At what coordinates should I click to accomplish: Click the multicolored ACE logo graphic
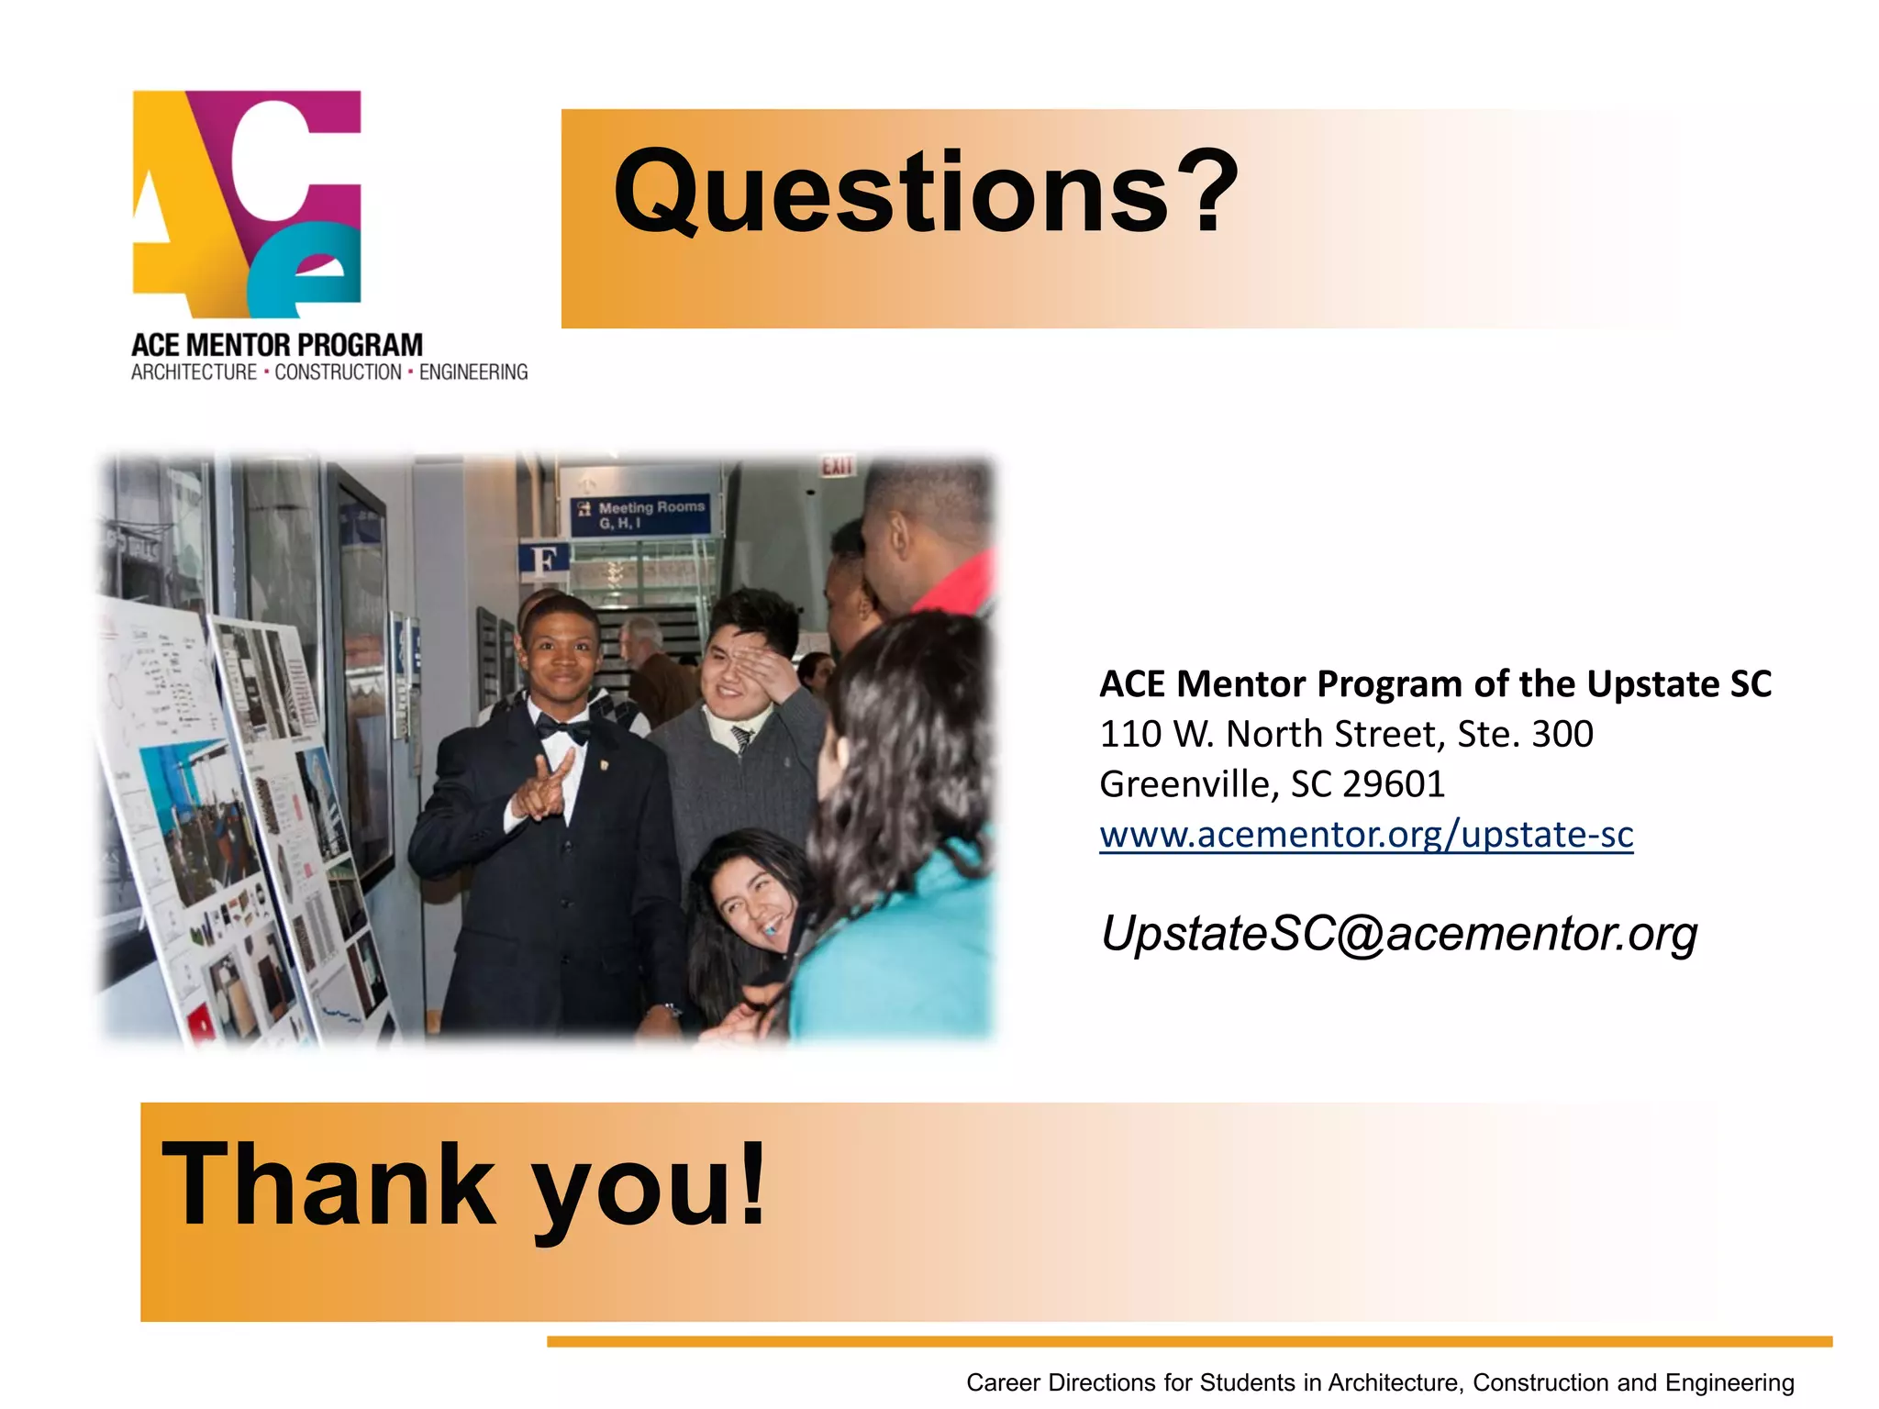click(x=247, y=204)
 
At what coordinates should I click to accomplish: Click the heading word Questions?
click(x=925, y=192)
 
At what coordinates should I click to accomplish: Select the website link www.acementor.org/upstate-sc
click(x=1366, y=835)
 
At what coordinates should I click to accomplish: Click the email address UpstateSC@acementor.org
click(x=1398, y=933)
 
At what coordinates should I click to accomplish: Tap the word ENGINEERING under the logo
click(x=473, y=372)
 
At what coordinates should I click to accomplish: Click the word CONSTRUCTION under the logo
click(x=338, y=372)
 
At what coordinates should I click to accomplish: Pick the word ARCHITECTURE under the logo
click(x=194, y=372)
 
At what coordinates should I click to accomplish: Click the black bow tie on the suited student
click(x=562, y=729)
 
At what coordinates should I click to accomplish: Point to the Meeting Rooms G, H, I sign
click(x=641, y=515)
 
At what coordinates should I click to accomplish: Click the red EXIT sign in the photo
click(x=836, y=467)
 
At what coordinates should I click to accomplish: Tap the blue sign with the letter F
click(x=544, y=560)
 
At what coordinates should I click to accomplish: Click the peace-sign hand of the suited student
click(x=543, y=787)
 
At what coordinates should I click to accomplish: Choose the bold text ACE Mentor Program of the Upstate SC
click(x=1435, y=684)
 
